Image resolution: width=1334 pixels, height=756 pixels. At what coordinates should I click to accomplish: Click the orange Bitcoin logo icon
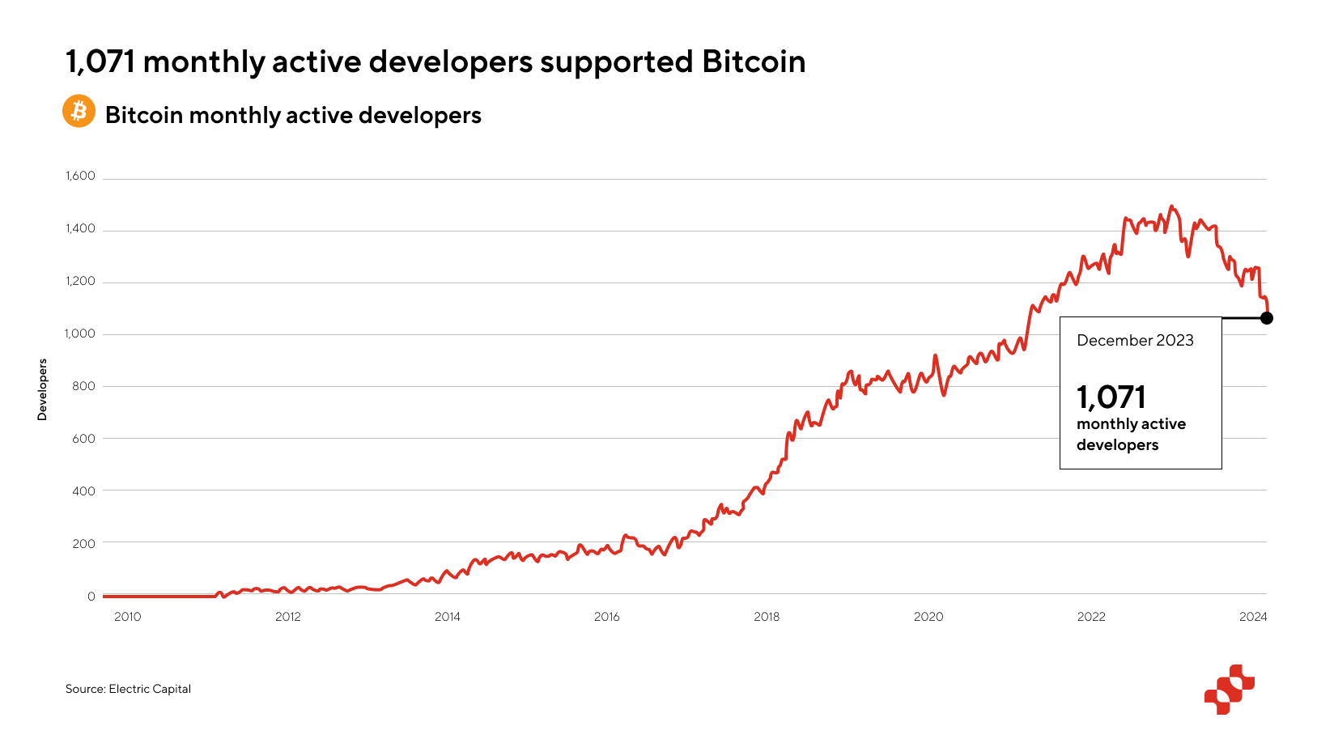pos(79,112)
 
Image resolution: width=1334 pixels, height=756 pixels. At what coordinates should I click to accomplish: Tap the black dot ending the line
pos(1266,318)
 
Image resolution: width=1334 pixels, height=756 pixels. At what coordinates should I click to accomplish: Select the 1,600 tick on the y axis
pos(80,176)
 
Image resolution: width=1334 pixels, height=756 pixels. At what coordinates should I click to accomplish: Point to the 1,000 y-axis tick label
pos(80,333)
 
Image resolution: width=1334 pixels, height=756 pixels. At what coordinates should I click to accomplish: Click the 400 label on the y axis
pos(83,491)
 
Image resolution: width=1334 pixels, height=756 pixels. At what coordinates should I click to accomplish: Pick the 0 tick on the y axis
pos(91,596)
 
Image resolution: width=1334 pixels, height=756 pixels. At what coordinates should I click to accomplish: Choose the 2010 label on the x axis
pos(127,617)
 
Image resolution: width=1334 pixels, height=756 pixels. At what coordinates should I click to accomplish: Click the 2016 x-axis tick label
pos(606,617)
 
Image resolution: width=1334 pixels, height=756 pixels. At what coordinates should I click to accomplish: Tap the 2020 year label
pos(928,617)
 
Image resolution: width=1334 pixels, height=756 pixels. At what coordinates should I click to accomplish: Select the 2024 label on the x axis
pos(1252,617)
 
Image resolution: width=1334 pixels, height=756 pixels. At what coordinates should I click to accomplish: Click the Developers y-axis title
pos(42,389)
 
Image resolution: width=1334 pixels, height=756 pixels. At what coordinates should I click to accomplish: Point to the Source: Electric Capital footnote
pos(128,689)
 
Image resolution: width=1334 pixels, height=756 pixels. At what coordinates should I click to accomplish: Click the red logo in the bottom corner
pos(1229,690)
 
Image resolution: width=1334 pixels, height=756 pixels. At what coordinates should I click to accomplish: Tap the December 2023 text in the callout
pos(1135,341)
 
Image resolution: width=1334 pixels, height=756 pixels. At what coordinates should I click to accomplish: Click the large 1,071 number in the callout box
pos(1111,397)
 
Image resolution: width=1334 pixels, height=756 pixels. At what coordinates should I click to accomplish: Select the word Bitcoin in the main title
pos(754,62)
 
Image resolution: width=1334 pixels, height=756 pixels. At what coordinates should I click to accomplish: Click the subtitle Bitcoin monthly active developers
pos(293,116)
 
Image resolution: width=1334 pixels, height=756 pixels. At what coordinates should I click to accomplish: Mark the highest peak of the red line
pos(1171,206)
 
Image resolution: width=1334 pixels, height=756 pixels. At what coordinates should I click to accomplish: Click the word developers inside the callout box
pos(1117,445)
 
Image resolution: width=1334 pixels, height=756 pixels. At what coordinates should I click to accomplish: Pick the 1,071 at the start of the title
pos(100,62)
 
